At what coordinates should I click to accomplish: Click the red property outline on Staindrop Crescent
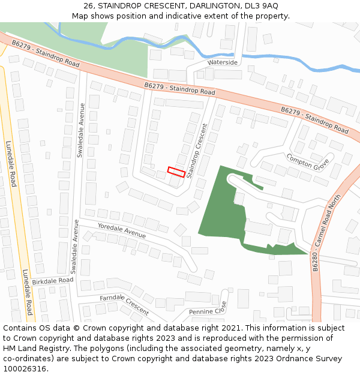coord(176,172)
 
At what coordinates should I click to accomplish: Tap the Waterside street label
coord(223,62)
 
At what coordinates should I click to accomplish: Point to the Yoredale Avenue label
coord(122,231)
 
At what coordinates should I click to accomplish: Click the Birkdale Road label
coord(53,281)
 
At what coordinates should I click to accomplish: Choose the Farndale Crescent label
coord(124,304)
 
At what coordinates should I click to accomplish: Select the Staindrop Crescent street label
coord(197,151)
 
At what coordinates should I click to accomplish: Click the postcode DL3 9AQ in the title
coord(262,6)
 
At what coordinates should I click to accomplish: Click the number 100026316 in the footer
coord(23,368)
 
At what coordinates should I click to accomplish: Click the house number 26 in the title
coord(88,6)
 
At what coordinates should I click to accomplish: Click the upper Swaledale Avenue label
coord(80,130)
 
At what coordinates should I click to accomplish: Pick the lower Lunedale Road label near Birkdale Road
coord(27,292)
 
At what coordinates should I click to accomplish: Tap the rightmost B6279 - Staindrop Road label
coord(314,121)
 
